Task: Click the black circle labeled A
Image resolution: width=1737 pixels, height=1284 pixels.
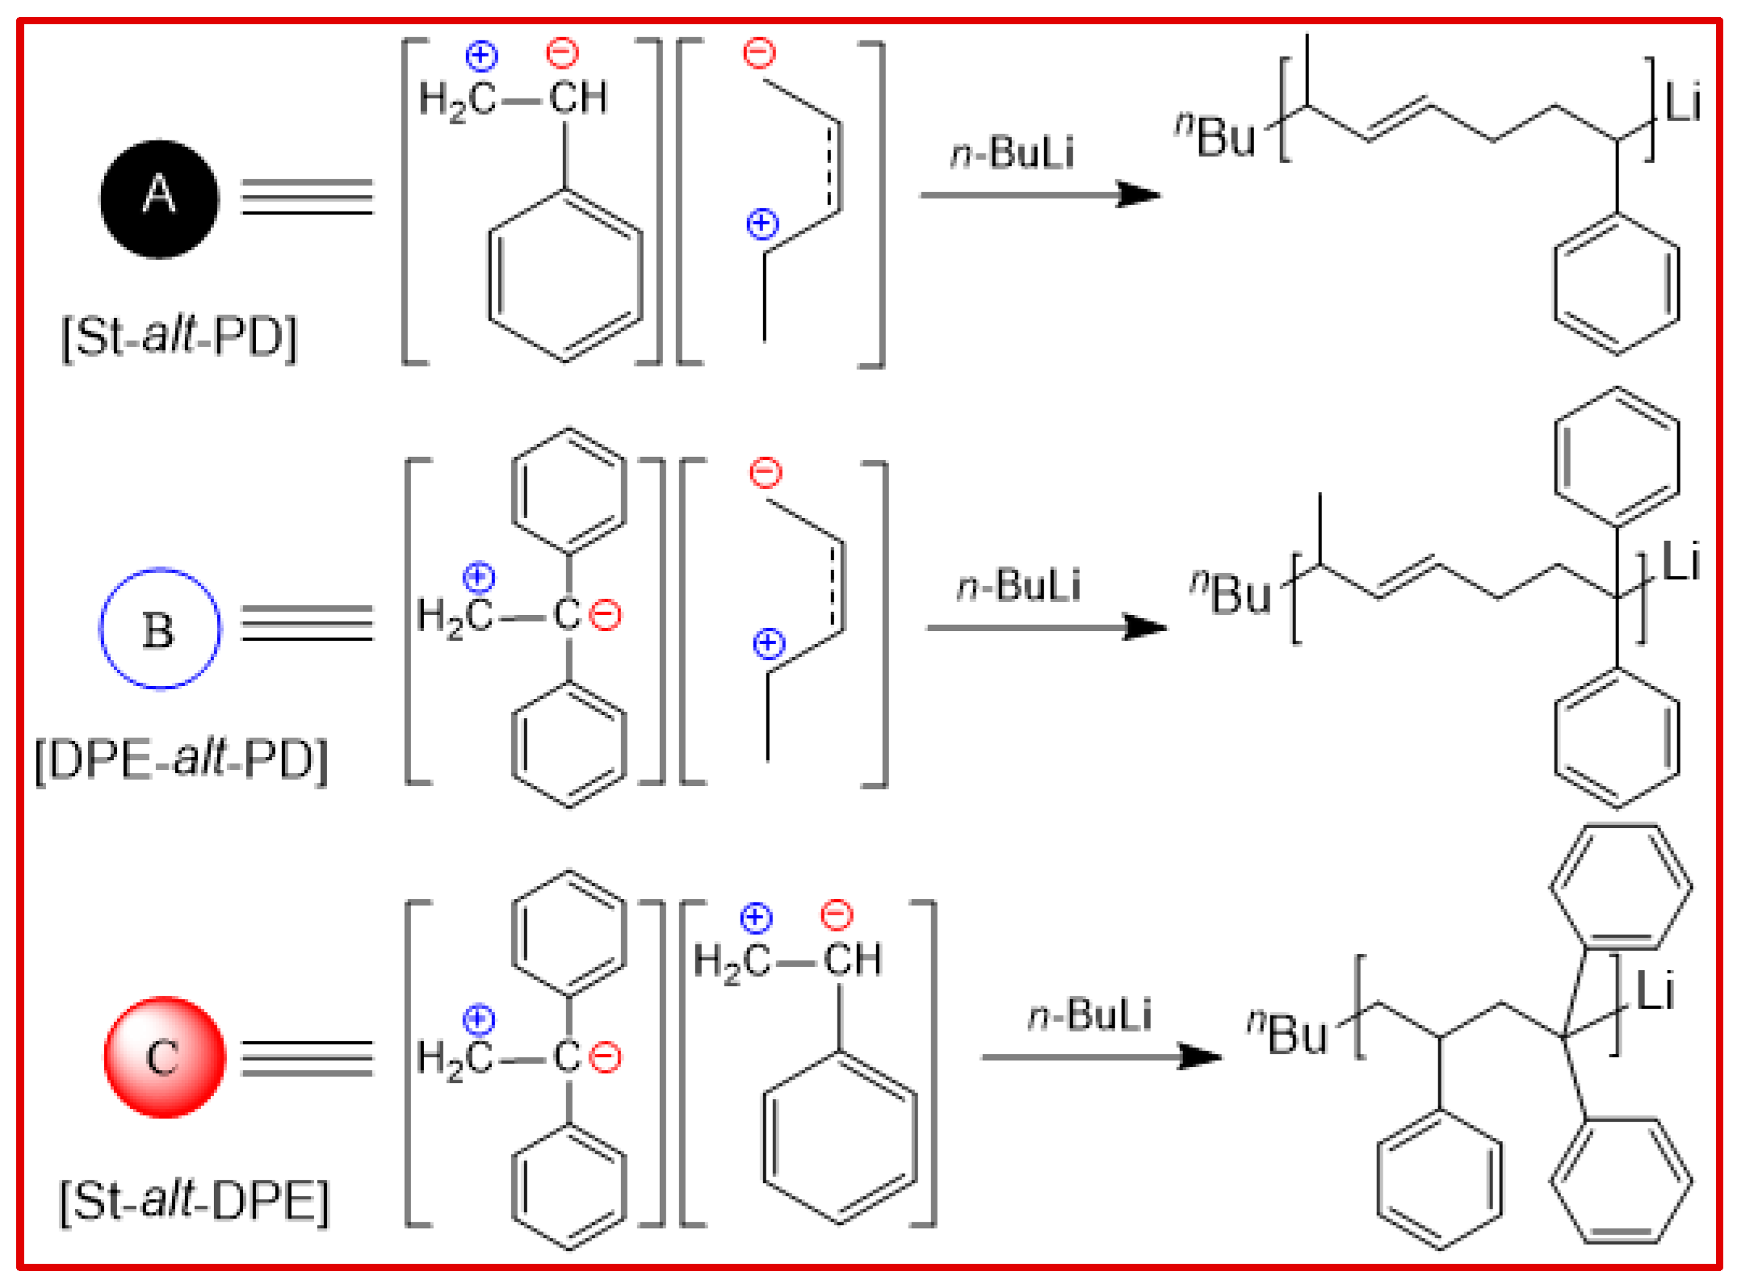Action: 159,199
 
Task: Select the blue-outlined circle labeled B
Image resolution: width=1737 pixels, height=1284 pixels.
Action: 159,629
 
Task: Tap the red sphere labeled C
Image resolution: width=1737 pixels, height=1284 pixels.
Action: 164,1056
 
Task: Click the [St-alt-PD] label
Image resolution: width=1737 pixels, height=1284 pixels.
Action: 179,337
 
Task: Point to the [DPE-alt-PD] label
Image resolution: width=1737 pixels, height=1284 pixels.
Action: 182,760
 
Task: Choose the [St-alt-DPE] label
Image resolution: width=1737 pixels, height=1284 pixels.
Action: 195,1202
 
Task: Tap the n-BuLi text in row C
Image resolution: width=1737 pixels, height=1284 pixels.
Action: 1089,1015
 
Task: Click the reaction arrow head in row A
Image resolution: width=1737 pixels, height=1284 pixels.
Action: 1139,194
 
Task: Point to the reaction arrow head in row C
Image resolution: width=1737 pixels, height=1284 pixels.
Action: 1200,1056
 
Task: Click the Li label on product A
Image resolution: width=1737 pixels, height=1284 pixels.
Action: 1683,103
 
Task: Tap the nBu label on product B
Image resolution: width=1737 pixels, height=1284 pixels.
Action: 1231,593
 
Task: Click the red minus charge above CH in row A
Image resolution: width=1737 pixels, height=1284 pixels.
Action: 562,53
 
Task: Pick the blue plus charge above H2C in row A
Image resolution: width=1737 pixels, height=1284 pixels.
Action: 481,55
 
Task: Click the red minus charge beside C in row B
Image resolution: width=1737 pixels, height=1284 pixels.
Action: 605,616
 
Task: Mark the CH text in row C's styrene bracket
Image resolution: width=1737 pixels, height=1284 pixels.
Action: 852,960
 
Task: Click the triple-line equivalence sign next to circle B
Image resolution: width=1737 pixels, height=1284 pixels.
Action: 307,623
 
